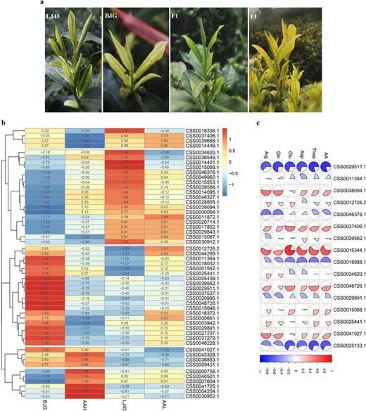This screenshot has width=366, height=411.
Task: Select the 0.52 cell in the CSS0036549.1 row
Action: pos(85,157)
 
